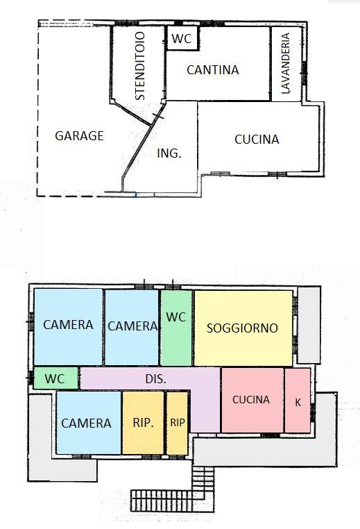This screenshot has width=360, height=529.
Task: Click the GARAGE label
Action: pyautogui.click(x=79, y=136)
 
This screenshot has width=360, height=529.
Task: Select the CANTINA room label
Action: pyautogui.click(x=212, y=70)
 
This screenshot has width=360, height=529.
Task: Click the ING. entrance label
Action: pyautogui.click(x=169, y=154)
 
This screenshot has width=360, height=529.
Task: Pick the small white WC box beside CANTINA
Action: pyautogui.click(x=182, y=40)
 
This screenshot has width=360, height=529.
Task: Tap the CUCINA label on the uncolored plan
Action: pyautogui.click(x=257, y=140)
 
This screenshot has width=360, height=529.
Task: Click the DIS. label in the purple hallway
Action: pyautogui.click(x=156, y=379)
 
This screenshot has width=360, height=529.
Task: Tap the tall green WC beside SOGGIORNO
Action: pyautogui.click(x=176, y=326)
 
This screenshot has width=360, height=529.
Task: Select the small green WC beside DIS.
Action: pyautogui.click(x=55, y=379)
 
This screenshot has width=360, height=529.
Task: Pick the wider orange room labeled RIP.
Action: pyautogui.click(x=143, y=423)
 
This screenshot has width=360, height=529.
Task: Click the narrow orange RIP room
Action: pyautogui.click(x=178, y=423)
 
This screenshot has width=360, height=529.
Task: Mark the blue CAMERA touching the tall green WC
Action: pyautogui.click(x=132, y=326)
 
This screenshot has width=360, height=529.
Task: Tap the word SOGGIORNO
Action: pyautogui.click(x=242, y=327)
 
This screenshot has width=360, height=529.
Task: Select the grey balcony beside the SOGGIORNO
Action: pyautogui.click(x=309, y=324)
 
